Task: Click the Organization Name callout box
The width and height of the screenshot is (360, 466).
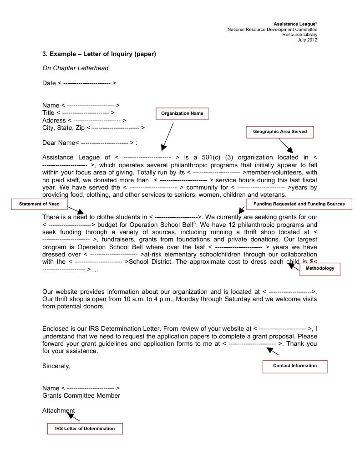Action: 182,113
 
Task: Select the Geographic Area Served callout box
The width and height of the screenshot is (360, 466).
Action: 280,132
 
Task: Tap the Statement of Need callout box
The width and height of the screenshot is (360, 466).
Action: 39,204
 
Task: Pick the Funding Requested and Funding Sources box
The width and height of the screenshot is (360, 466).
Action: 299,204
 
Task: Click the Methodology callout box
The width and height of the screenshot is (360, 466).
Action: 319,269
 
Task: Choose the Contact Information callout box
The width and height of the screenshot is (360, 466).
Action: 295,366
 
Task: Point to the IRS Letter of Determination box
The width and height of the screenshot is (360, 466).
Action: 85,429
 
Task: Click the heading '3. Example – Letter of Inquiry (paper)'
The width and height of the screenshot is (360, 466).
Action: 99,54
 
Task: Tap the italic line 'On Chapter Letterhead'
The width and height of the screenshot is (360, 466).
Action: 75,68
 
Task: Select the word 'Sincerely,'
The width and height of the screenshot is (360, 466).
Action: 56,366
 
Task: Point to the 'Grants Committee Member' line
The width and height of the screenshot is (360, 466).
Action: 81,396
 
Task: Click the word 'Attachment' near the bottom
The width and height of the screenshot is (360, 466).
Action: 58,410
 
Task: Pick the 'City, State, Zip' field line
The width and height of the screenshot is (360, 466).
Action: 93,128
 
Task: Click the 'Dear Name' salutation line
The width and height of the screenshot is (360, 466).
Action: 90,143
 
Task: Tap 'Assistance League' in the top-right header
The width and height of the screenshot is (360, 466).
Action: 295,24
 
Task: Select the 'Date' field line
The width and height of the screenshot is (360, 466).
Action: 79,83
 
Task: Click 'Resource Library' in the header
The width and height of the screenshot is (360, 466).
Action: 299,35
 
